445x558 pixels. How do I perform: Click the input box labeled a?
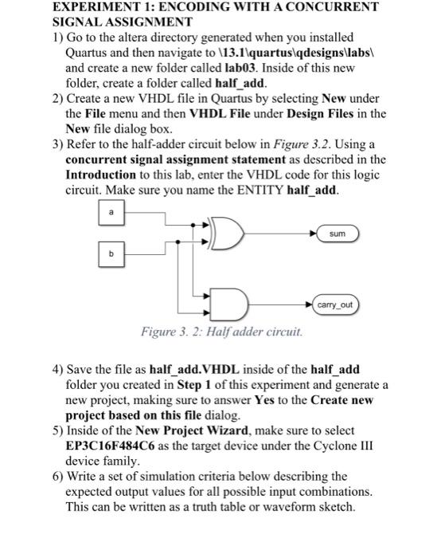(111, 213)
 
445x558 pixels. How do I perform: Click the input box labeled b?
(111, 254)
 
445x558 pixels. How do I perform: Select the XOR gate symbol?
(227, 234)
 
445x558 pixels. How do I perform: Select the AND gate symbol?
(229, 305)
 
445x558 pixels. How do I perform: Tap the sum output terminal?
(338, 234)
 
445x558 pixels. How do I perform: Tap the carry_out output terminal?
(335, 305)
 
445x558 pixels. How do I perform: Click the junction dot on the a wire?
(193, 225)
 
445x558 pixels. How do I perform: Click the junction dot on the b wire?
(178, 242)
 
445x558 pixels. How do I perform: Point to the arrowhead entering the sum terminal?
(313, 234)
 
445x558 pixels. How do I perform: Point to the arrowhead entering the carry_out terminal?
(309, 305)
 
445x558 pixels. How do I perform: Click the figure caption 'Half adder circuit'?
(255, 332)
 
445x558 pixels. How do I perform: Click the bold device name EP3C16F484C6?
(110, 446)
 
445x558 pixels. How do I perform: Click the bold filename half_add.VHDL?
(194, 369)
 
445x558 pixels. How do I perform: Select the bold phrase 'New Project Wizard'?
(192, 430)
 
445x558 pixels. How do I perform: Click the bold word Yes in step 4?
(264, 400)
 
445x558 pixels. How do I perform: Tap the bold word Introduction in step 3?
(100, 175)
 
